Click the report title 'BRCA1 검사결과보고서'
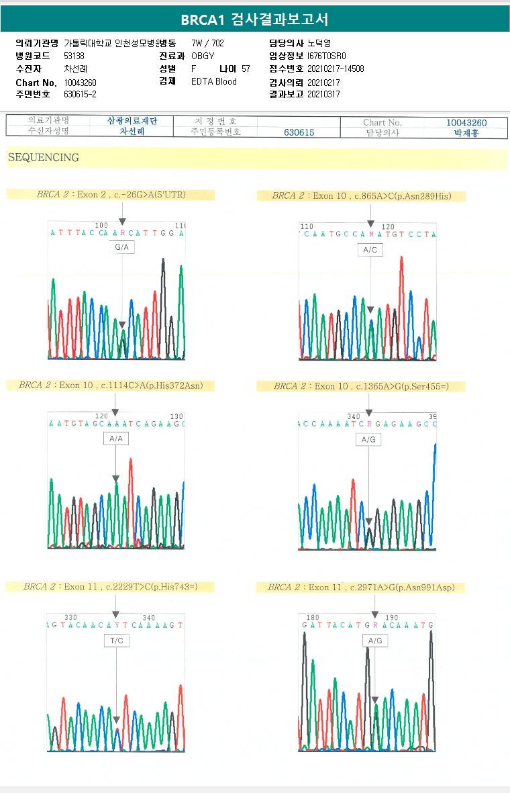(254, 19)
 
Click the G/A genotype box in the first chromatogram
(122, 248)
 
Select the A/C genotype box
(370, 250)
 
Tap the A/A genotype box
(115, 438)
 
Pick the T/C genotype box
(116, 641)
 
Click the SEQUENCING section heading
(44, 158)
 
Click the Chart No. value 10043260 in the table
(466, 123)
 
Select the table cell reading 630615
(299, 132)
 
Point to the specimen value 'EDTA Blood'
(214, 81)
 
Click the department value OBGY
(203, 56)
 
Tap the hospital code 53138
(74, 56)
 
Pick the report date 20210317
(323, 94)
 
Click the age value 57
(246, 68)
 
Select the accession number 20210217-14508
(336, 68)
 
